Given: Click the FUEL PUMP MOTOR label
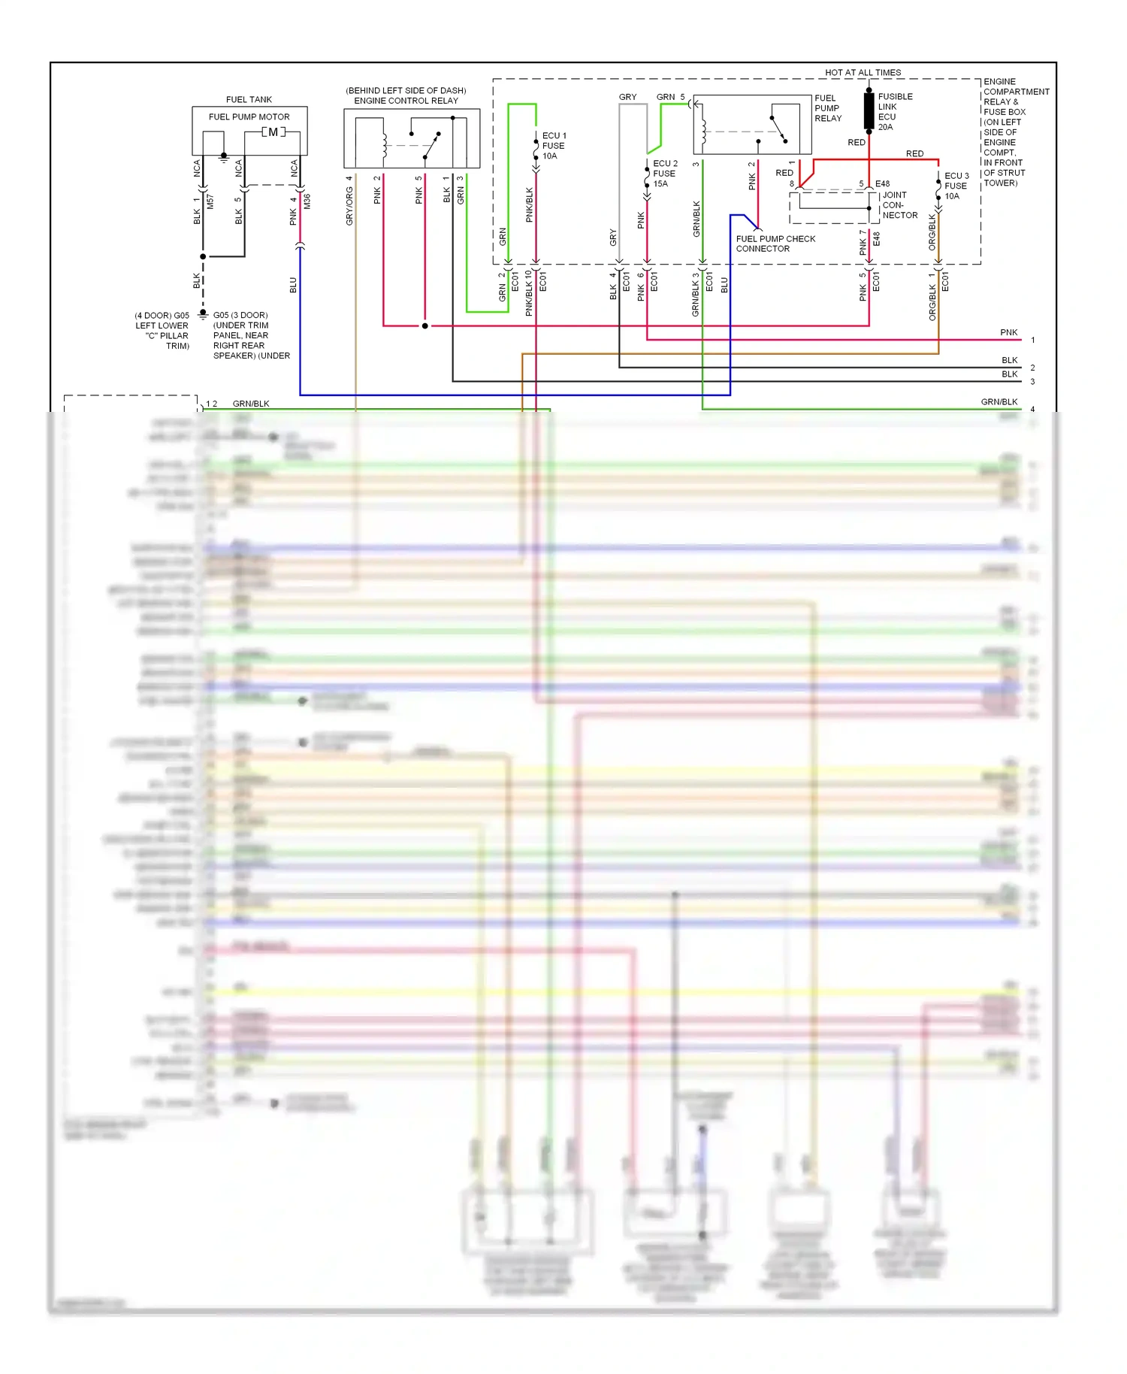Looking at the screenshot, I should pos(249,117).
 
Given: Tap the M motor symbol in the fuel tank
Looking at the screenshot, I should pos(273,132).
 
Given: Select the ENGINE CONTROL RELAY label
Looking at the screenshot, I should pos(406,101).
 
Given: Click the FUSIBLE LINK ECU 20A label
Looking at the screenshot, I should pos(895,112).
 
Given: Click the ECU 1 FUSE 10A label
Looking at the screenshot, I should pos(554,146).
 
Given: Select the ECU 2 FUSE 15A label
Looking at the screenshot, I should pos(664,174).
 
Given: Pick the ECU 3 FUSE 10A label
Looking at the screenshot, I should pos(956,186).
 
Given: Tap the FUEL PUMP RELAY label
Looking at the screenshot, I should pos(828,108).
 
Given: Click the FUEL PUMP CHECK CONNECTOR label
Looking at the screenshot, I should pos(775,244).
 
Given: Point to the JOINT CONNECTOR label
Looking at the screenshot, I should pos(899,205).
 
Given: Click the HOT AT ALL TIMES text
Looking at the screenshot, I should pos(863,73).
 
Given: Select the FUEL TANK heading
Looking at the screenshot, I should pos(249,99).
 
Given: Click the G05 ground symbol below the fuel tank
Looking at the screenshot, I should pos(203,315).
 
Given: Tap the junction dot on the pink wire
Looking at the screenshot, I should pos(425,326).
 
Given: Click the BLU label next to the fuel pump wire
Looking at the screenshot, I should pos(293,285).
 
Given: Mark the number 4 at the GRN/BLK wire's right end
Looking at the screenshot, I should pos(1032,410).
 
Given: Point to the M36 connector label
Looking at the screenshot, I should pos(307,201).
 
